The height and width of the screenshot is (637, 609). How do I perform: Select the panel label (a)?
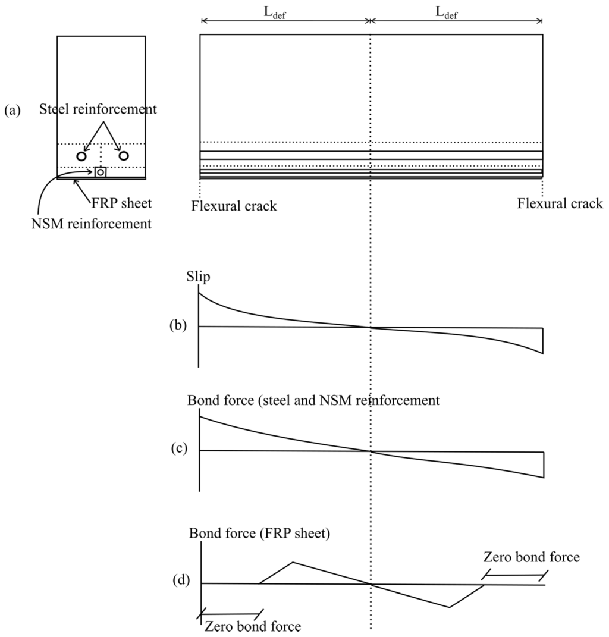point(12,110)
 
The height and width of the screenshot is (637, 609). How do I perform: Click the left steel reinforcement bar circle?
point(81,156)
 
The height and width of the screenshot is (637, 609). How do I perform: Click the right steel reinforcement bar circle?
point(124,156)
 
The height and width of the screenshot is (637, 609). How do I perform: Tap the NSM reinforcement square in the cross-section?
point(101,172)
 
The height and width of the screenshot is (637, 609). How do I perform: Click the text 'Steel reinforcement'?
point(98,109)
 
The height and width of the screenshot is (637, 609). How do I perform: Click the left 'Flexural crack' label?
point(234,206)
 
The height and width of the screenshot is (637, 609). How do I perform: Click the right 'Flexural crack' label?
point(560,204)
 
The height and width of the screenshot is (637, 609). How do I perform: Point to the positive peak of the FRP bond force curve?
point(293,561)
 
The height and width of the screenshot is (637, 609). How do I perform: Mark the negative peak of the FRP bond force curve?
point(449,607)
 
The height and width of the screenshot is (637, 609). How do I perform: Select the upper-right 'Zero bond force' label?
point(531,557)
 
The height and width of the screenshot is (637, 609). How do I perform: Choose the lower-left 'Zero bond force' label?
point(252,626)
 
